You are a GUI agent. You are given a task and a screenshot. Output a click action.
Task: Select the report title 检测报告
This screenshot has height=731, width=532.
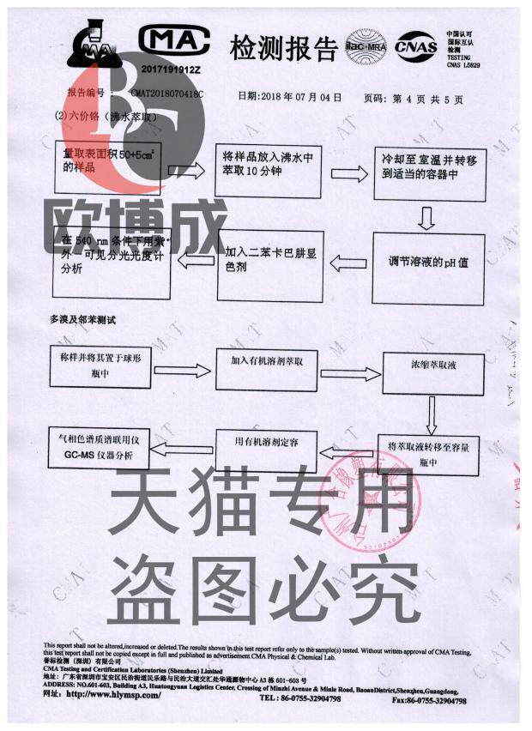point(282,48)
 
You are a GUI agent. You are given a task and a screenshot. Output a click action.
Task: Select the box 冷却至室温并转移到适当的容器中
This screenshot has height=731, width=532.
point(425,170)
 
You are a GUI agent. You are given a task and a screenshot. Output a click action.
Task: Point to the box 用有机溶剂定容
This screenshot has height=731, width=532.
point(266,449)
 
